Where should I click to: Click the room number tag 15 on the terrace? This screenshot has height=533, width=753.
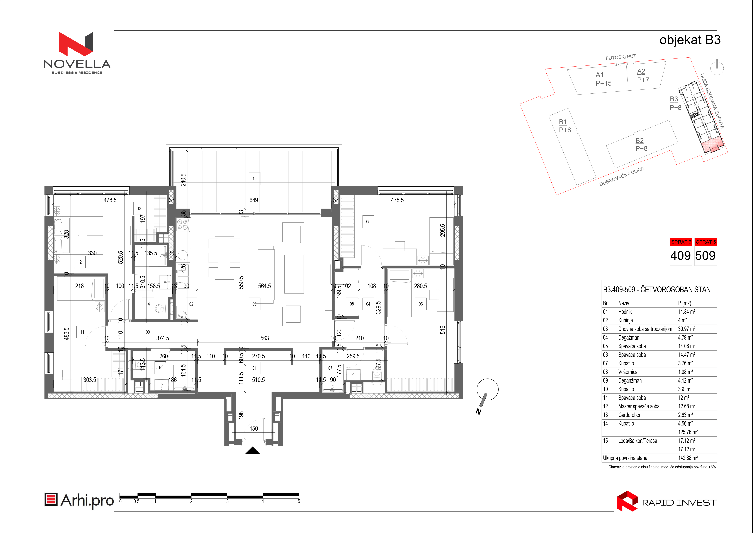[x=255, y=179]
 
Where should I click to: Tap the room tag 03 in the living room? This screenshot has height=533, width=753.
[x=255, y=304]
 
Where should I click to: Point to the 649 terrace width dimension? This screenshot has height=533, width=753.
[x=253, y=200]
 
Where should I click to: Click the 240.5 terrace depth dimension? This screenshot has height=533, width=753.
[x=183, y=180]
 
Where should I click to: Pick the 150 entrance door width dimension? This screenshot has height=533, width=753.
[x=254, y=428]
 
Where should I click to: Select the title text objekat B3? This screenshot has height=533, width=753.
[x=690, y=40]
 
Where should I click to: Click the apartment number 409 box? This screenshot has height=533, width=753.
[x=680, y=255]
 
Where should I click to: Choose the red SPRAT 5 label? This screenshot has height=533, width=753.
[x=706, y=242]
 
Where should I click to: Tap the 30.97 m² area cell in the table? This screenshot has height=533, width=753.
[x=687, y=329]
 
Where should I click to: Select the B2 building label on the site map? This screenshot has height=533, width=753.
[x=639, y=141]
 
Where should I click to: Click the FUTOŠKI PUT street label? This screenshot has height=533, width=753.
[x=620, y=57]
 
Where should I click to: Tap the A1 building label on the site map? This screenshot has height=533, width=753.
[x=600, y=75]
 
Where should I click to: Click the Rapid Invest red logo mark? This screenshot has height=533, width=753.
[x=627, y=501]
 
